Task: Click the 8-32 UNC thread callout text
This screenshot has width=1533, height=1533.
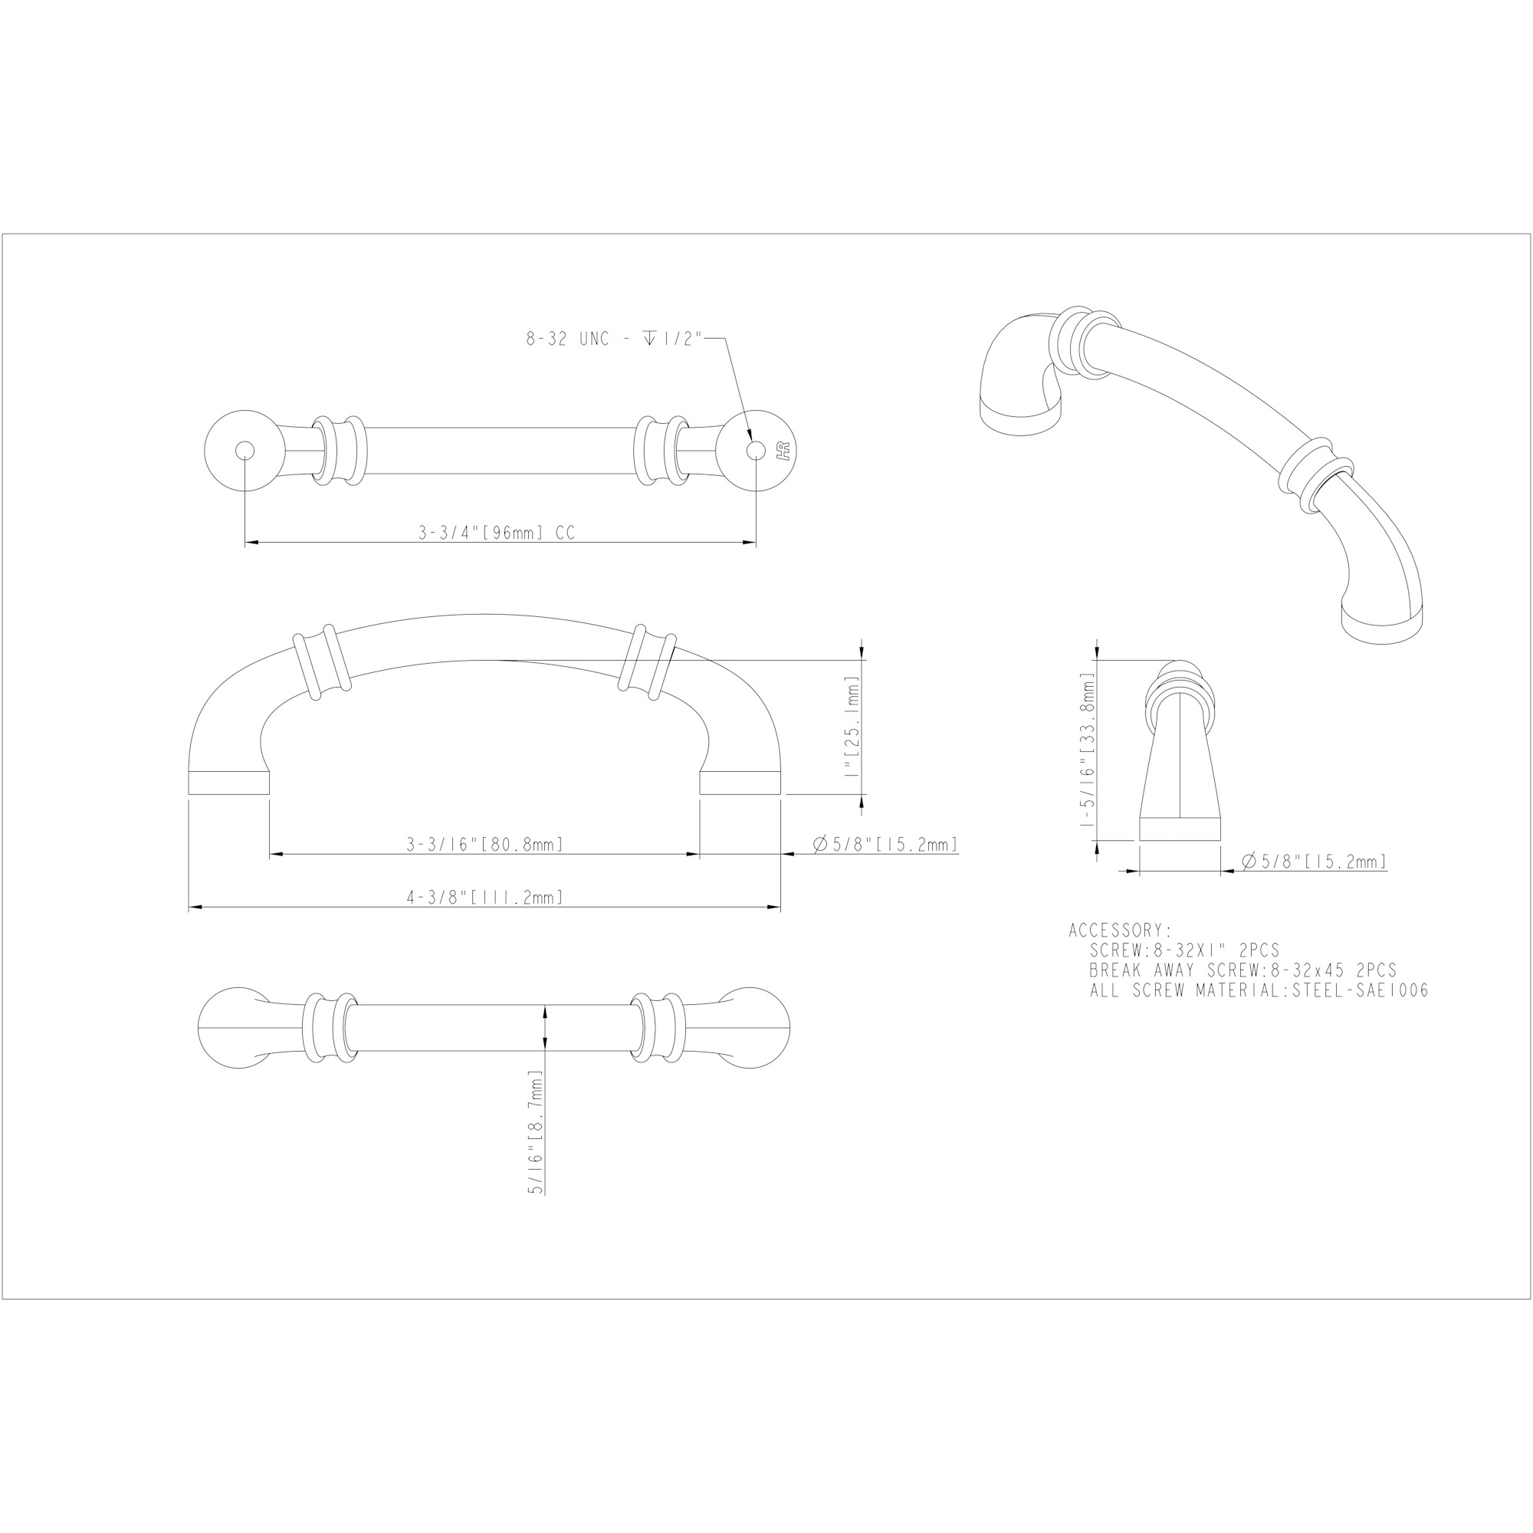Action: [615, 339]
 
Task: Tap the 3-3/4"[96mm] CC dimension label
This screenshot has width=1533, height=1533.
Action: [497, 533]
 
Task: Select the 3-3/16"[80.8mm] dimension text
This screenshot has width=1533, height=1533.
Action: [485, 844]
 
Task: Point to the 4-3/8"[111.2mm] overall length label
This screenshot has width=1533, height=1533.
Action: [485, 898]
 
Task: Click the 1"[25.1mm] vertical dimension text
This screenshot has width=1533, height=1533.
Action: [852, 726]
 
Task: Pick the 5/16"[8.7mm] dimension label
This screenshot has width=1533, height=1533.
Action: [536, 1132]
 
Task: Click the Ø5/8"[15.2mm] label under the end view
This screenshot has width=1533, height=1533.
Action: [1313, 861]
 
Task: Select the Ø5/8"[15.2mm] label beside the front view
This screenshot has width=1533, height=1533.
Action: [885, 844]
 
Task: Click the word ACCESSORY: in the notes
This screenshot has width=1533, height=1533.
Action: [1120, 930]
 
